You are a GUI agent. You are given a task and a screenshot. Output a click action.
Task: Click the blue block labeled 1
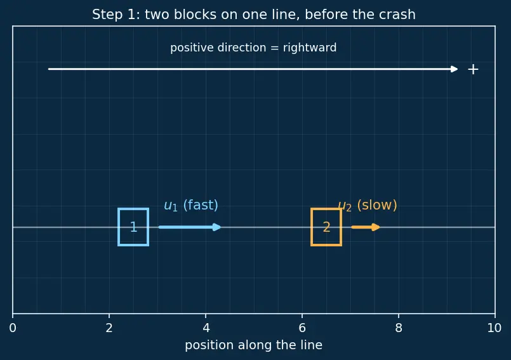tap(118, 227)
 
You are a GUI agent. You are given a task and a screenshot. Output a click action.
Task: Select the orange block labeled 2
tap(311, 227)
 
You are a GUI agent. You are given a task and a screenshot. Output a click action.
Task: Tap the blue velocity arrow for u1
tap(190, 227)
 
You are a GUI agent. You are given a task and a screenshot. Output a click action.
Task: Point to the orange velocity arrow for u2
tap(366, 227)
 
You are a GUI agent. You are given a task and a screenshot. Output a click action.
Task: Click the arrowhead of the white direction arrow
tap(454, 69)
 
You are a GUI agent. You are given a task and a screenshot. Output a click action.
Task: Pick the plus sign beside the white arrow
tap(473, 69)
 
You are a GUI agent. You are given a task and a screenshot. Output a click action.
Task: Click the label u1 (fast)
tap(191, 206)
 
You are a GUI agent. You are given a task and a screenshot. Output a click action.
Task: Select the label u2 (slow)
tap(368, 206)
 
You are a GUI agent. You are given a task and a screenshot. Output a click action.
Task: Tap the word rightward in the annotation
tap(310, 48)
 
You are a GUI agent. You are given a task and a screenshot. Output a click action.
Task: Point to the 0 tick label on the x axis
tap(13, 328)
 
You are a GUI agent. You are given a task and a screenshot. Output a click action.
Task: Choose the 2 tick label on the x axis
tap(109, 328)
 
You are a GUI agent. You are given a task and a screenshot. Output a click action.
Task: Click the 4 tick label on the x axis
tap(206, 328)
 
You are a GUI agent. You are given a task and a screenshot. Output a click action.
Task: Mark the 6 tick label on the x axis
tap(302, 328)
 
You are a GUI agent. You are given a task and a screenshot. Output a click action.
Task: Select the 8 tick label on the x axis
tap(399, 328)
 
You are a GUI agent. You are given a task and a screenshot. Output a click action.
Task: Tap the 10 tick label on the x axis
tap(494, 328)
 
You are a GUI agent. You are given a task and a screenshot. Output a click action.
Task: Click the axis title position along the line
tap(253, 345)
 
